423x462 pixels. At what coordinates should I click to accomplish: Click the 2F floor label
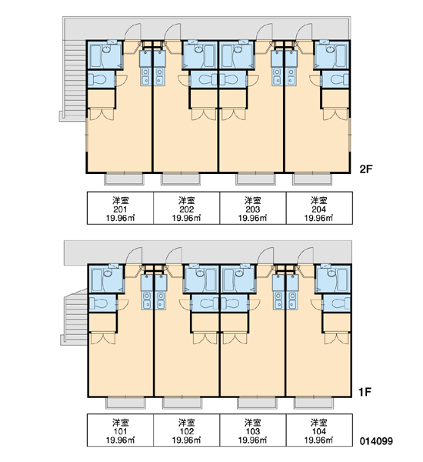[x=366, y=169]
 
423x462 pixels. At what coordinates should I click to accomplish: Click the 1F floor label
[x=365, y=392]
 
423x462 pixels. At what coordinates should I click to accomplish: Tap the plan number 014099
[x=376, y=441]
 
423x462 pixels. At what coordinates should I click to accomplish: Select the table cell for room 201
[x=120, y=208]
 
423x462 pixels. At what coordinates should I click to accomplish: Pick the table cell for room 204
[x=319, y=208]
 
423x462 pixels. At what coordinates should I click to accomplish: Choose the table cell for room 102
[x=186, y=430]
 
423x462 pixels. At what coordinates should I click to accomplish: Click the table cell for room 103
[x=253, y=430]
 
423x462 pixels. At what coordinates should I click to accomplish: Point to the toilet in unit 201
[x=98, y=79]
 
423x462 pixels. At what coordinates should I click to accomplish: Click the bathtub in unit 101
[x=97, y=280]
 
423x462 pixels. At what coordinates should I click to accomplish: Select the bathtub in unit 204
[x=340, y=56]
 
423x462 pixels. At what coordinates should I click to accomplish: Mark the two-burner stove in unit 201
[x=145, y=76]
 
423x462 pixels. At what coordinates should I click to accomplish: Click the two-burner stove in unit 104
[x=292, y=300]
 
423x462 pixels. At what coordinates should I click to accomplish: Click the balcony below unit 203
[x=256, y=179]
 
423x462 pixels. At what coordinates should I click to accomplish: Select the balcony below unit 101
[x=125, y=403]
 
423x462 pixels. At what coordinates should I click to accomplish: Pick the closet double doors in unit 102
[x=205, y=338]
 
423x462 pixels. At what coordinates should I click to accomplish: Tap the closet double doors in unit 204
[x=335, y=114]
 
